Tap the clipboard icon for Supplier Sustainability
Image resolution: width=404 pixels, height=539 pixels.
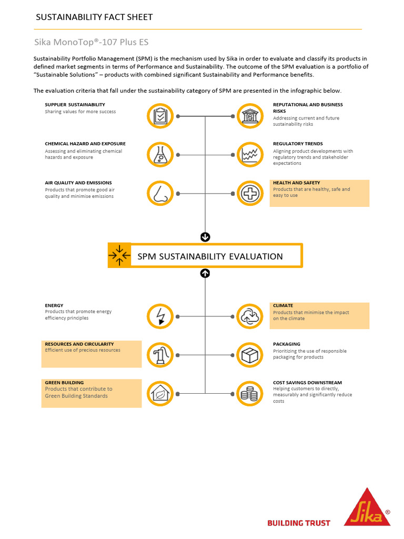[159, 116]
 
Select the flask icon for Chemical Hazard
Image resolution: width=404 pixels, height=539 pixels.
[159, 155]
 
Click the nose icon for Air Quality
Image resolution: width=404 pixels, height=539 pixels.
[159, 193]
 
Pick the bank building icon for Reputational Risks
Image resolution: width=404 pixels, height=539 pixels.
[250, 116]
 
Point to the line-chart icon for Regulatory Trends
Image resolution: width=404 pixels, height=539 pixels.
[250, 155]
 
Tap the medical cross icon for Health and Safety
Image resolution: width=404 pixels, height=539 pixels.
[250, 193]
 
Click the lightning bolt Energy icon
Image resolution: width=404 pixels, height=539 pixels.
[159, 316]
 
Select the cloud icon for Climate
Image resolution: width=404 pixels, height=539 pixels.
[250, 316]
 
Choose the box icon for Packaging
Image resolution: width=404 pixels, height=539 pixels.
[250, 355]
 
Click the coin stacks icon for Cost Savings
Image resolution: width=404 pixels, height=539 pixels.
[250, 393]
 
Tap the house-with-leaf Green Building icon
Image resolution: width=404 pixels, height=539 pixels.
[159, 393]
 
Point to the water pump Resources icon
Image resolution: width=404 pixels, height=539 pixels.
[159, 355]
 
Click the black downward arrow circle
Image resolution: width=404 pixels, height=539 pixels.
[205, 237]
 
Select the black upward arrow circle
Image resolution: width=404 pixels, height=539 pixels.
[205, 273]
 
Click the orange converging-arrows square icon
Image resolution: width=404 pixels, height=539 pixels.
[119, 255]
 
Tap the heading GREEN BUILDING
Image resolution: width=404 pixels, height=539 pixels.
[64, 383]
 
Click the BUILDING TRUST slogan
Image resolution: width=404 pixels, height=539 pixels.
[299, 523]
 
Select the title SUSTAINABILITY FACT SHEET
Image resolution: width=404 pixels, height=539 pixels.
[94, 17]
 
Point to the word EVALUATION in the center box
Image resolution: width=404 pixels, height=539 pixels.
[256, 256]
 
